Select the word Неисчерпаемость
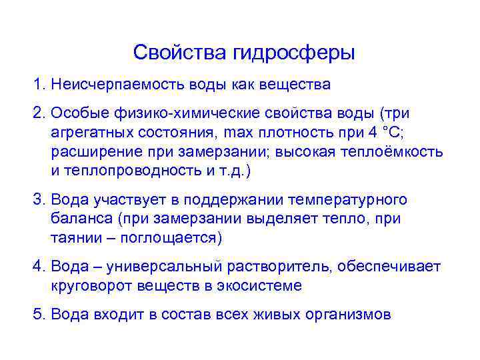(x=106, y=85)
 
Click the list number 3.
(x=39, y=200)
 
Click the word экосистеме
(x=263, y=287)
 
